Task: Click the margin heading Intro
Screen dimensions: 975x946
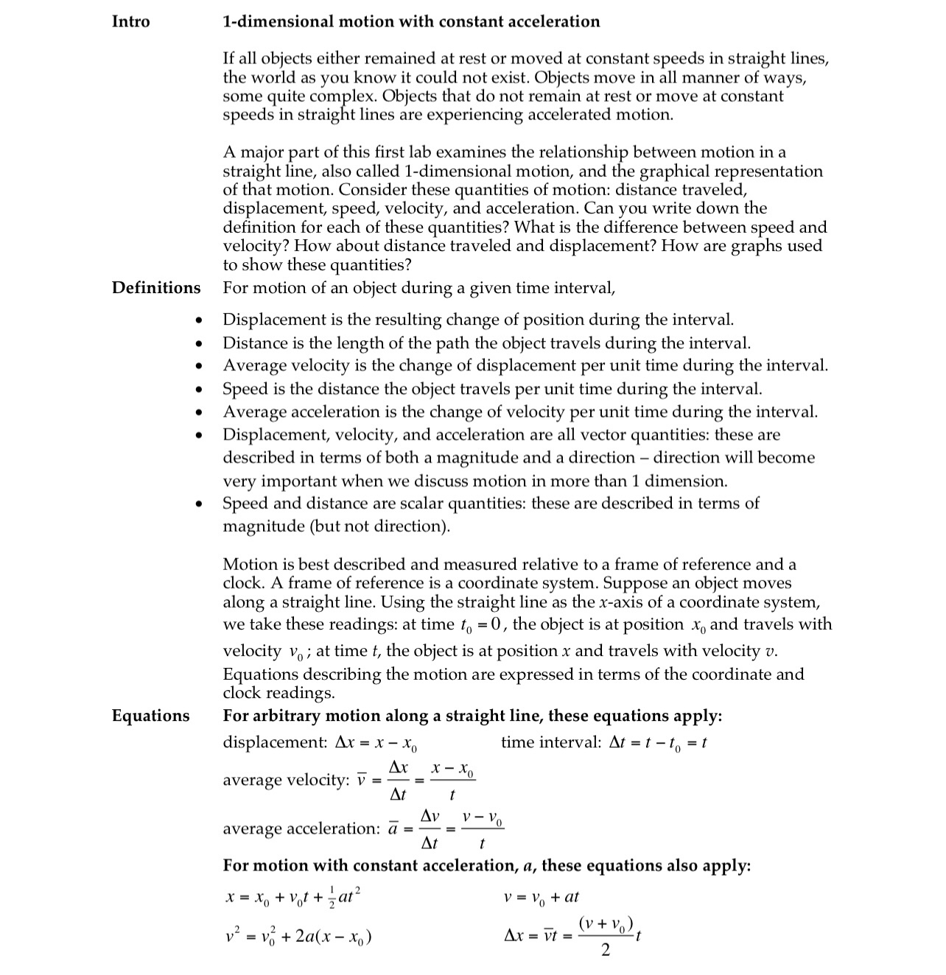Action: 130,21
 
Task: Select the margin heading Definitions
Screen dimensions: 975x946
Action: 155,287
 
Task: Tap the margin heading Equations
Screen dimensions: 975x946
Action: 150,716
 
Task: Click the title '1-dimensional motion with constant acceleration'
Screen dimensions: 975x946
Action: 411,21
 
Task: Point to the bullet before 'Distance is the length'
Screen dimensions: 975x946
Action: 197,344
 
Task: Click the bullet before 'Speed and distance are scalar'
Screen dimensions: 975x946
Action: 197,504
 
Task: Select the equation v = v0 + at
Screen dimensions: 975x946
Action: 541,897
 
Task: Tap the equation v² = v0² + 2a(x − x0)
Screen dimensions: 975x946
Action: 298,937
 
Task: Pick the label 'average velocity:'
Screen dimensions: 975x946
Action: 286,780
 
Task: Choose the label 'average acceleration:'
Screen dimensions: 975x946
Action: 301,828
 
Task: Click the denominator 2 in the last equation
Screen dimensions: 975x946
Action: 606,951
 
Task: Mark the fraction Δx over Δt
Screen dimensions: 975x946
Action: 398,781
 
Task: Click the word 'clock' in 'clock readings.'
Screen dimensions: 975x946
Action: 242,693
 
